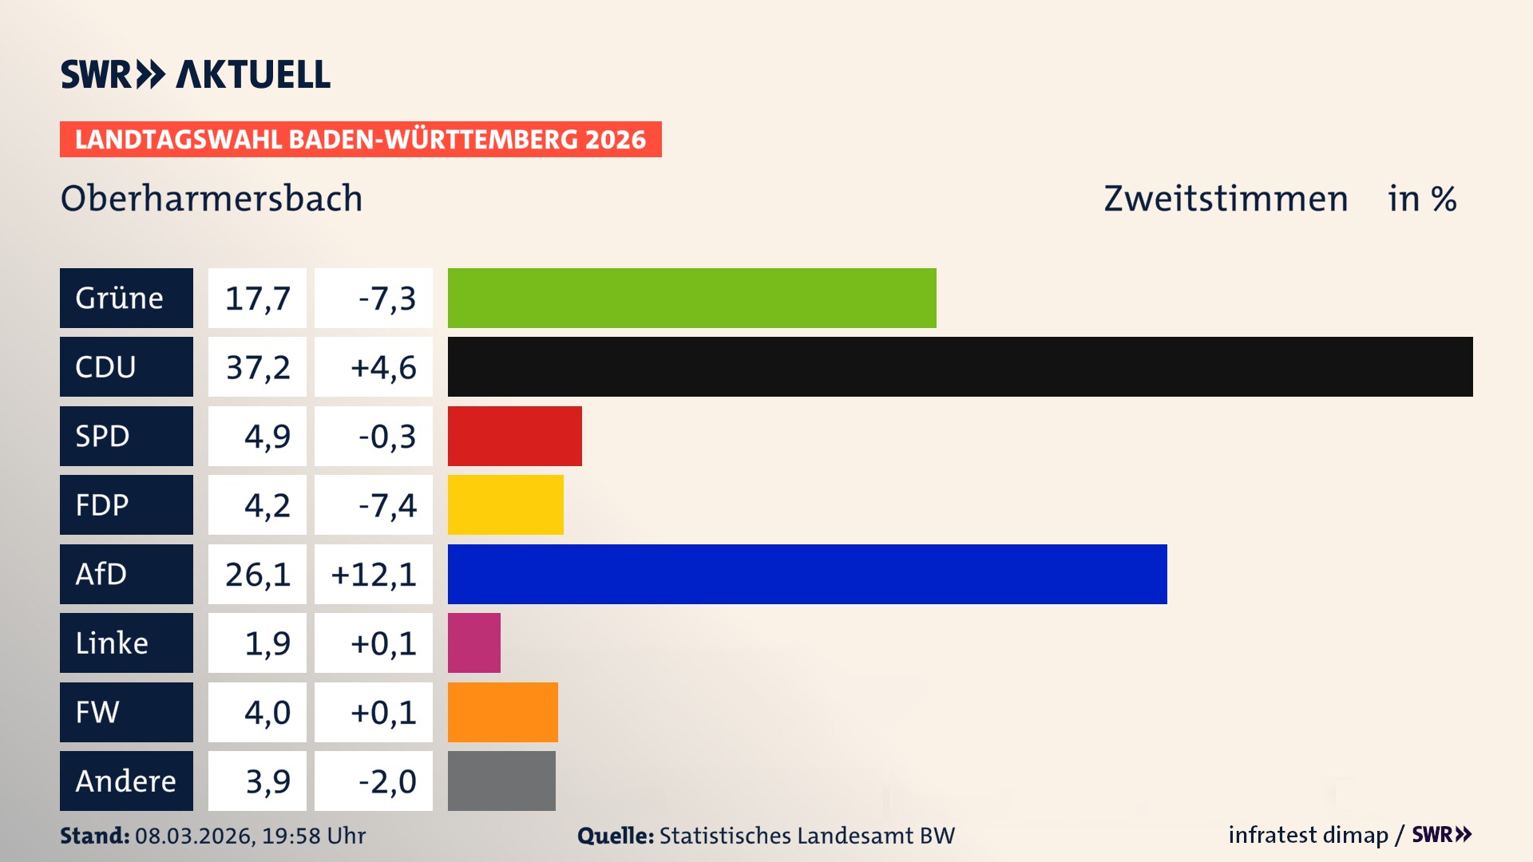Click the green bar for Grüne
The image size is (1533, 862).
point(691,298)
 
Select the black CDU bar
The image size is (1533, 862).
point(960,366)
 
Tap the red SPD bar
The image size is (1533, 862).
point(514,436)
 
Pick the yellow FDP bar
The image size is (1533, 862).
point(505,504)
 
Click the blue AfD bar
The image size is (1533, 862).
point(807,574)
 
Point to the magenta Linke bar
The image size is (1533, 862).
point(473,643)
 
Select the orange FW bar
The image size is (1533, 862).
point(502,712)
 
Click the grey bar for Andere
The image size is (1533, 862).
point(501,781)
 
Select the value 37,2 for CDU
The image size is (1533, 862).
point(257,367)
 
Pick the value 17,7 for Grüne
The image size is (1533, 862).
point(257,299)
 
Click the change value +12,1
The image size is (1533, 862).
point(374,575)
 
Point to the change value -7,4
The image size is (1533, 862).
point(386,505)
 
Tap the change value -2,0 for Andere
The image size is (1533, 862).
point(386,781)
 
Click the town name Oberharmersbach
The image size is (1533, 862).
point(212,199)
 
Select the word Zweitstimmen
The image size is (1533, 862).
point(1226,199)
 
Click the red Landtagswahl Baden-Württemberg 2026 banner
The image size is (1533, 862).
point(360,140)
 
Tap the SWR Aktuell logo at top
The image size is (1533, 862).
point(196,74)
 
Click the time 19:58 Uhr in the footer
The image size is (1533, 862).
point(314,836)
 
